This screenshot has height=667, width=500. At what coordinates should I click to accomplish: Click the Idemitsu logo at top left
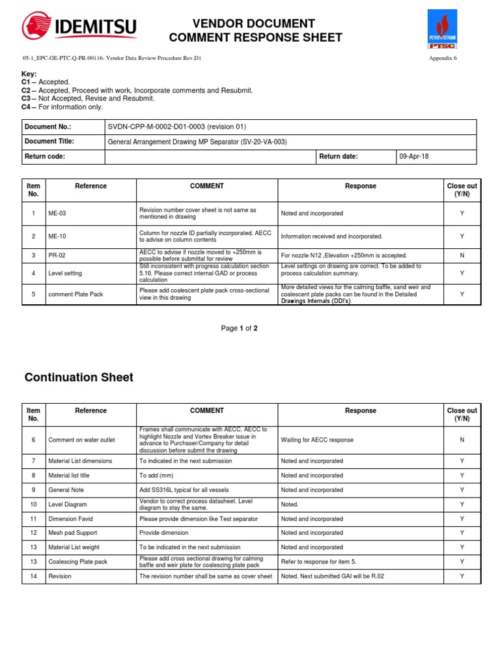[79, 27]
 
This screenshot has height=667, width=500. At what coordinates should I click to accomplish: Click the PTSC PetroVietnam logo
[442, 30]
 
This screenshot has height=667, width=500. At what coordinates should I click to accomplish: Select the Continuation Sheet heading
[79, 377]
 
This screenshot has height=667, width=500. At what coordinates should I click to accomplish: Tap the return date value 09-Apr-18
[414, 157]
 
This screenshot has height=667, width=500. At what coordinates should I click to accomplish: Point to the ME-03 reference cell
[57, 213]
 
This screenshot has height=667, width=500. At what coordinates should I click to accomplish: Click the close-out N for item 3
[462, 255]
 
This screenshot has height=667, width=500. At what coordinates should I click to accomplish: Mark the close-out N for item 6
[462, 440]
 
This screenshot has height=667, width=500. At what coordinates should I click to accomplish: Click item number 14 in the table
[33, 576]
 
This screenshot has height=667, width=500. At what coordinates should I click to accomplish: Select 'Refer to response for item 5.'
[319, 561]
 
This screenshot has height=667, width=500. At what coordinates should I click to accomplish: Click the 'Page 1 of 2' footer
[239, 329]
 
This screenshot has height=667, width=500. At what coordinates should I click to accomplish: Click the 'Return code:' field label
[45, 157]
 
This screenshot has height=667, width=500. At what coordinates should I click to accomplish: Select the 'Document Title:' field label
[49, 141]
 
